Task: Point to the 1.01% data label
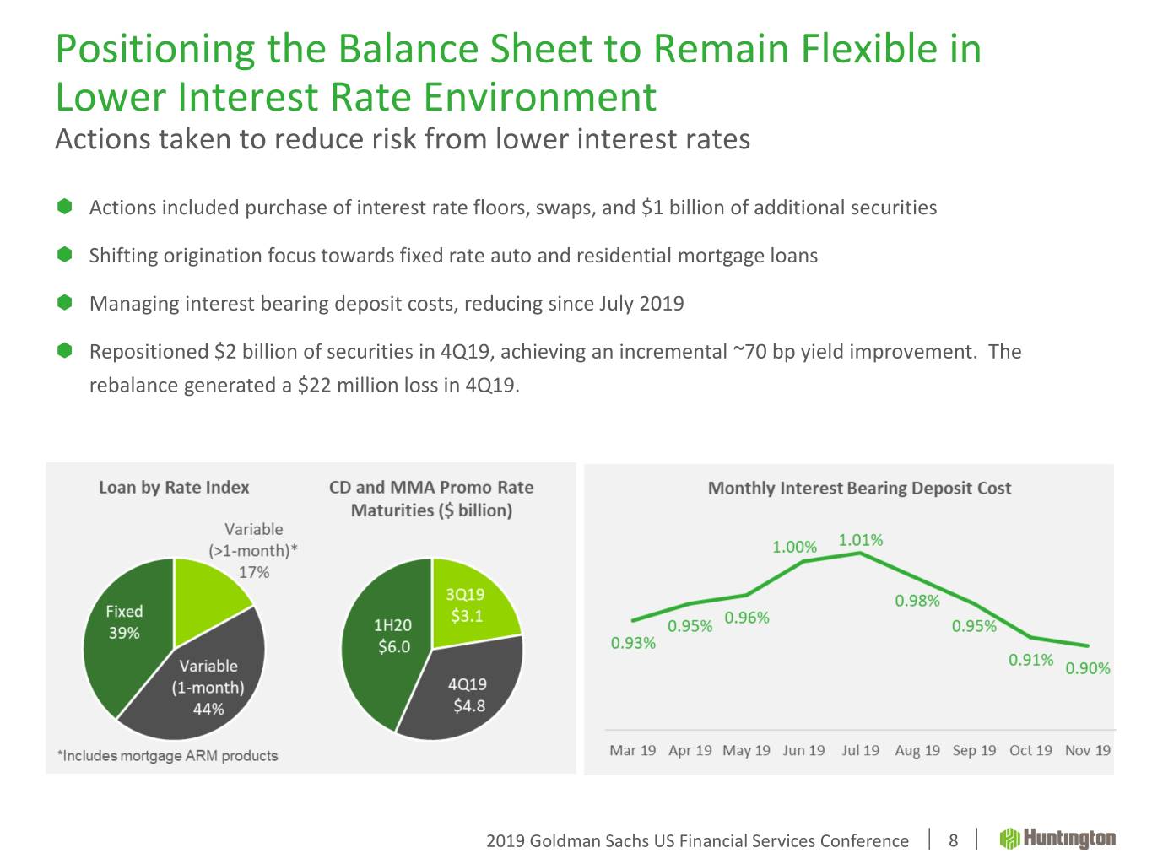point(860,540)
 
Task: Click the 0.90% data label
point(1087,669)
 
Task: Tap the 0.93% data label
point(633,643)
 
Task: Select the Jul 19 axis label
point(860,750)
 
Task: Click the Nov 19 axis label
point(1087,750)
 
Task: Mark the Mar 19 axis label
point(632,750)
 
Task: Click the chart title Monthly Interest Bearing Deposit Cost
point(859,488)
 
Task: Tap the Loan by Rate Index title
point(174,487)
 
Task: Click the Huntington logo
point(1057,839)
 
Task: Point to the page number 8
point(953,840)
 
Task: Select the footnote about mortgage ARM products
point(167,755)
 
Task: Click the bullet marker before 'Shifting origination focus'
point(64,255)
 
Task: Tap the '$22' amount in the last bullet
point(312,386)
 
